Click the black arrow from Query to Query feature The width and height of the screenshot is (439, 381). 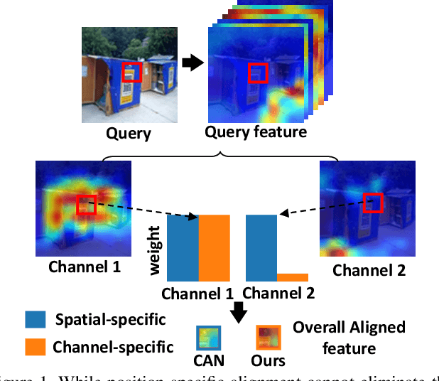pos(191,63)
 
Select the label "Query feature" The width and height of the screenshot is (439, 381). pos(255,132)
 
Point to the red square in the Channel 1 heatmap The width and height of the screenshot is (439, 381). pos(86,204)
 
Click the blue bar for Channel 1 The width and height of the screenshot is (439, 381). pos(183,249)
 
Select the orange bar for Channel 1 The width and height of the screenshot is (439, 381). pos(214,249)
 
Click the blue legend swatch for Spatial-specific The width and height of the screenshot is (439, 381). pos(36,319)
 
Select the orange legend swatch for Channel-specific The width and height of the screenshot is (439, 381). pos(36,347)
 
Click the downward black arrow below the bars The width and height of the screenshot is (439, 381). pos(239,311)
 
